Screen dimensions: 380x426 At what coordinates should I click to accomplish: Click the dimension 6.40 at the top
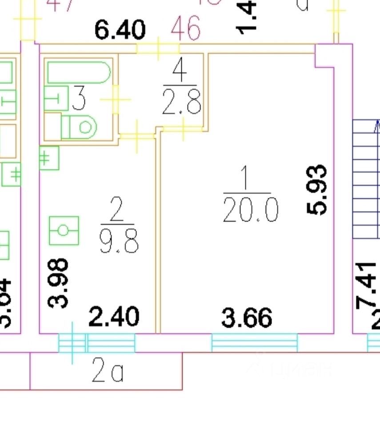(x=120, y=31)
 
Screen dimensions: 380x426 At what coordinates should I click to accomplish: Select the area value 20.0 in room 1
(x=251, y=210)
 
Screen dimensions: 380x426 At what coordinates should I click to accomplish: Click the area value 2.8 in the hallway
(x=182, y=102)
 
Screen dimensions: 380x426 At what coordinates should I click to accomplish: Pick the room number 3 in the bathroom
(x=79, y=99)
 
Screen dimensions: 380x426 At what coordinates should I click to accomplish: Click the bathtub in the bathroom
(x=78, y=73)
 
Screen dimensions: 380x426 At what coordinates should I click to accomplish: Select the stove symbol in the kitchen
(x=64, y=231)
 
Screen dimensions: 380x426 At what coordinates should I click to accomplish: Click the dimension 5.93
(x=318, y=190)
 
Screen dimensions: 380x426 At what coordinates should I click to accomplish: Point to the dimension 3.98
(x=58, y=283)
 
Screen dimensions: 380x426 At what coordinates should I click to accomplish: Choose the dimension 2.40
(x=114, y=317)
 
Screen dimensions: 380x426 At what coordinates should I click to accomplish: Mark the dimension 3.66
(x=247, y=318)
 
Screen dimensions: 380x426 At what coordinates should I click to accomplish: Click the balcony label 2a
(x=107, y=371)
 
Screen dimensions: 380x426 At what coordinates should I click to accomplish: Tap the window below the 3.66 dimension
(x=254, y=342)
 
